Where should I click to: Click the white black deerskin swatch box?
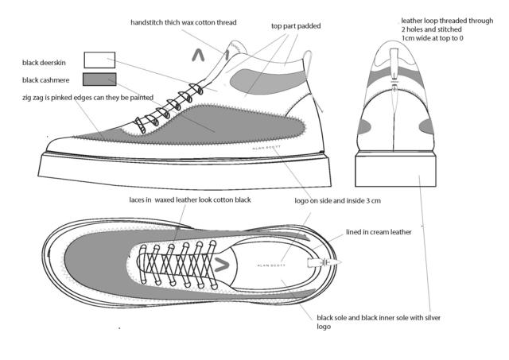(99, 60)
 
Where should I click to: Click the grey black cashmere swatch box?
(99, 79)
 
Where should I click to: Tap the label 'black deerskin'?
(49, 60)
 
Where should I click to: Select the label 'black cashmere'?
(49, 80)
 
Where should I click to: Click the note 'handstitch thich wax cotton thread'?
(184, 23)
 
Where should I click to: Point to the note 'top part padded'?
(296, 25)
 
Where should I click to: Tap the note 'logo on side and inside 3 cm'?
(337, 201)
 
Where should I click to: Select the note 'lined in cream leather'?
(379, 233)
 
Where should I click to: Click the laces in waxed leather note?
(190, 199)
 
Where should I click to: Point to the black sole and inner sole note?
(379, 322)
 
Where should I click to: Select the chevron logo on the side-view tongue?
(199, 56)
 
